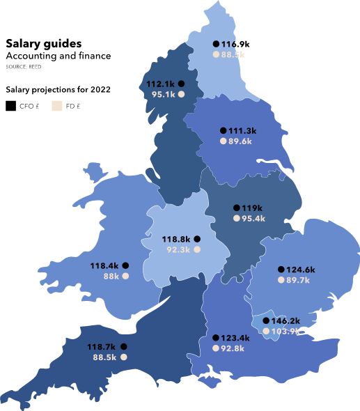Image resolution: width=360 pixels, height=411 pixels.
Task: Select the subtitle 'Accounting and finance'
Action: click(x=58, y=56)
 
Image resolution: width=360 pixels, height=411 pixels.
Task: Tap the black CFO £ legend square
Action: click(x=10, y=106)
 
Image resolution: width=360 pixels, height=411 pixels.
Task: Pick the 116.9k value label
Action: click(x=236, y=44)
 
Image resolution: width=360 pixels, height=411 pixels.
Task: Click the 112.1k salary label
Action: click(x=160, y=84)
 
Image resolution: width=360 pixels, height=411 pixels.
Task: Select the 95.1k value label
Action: click(x=163, y=94)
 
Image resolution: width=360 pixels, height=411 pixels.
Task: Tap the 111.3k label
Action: click(x=243, y=130)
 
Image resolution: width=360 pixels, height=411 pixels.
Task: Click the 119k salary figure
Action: click(x=252, y=208)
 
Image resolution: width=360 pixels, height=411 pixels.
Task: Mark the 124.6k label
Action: click(x=301, y=270)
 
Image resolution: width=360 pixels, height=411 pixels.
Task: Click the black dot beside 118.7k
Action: click(x=123, y=346)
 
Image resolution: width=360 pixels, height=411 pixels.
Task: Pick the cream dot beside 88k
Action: click(x=126, y=276)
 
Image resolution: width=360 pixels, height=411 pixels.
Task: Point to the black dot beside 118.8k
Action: click(x=197, y=239)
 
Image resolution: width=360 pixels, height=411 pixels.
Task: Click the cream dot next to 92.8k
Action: click(x=215, y=348)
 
